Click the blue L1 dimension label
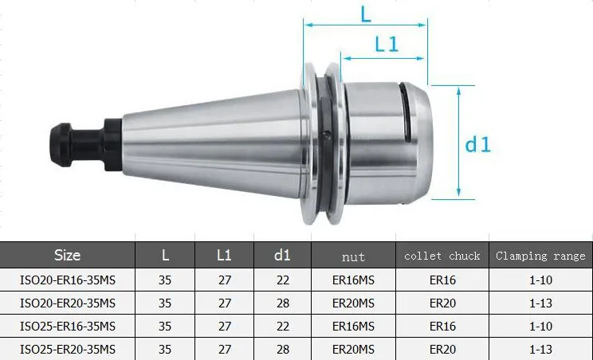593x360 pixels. tap(387, 45)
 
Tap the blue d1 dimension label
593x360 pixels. tap(478, 144)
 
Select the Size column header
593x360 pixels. tap(68, 256)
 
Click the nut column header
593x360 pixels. tap(353, 256)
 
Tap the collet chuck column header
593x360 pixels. tap(442, 256)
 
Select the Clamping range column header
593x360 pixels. tap(540, 256)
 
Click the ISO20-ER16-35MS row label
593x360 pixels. tap(68, 280)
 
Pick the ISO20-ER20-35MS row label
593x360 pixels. tap(68, 303)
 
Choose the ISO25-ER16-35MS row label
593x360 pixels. tap(68, 326)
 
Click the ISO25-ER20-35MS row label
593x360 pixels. tap(68, 349)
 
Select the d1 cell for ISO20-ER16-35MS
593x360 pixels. tap(282, 280)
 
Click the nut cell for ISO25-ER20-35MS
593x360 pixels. tap(353, 349)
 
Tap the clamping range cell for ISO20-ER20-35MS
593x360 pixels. tap(540, 303)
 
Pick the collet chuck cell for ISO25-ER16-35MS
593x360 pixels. tap(442, 326)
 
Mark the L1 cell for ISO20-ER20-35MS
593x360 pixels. tap(224, 303)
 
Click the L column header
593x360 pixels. tap(165, 256)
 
